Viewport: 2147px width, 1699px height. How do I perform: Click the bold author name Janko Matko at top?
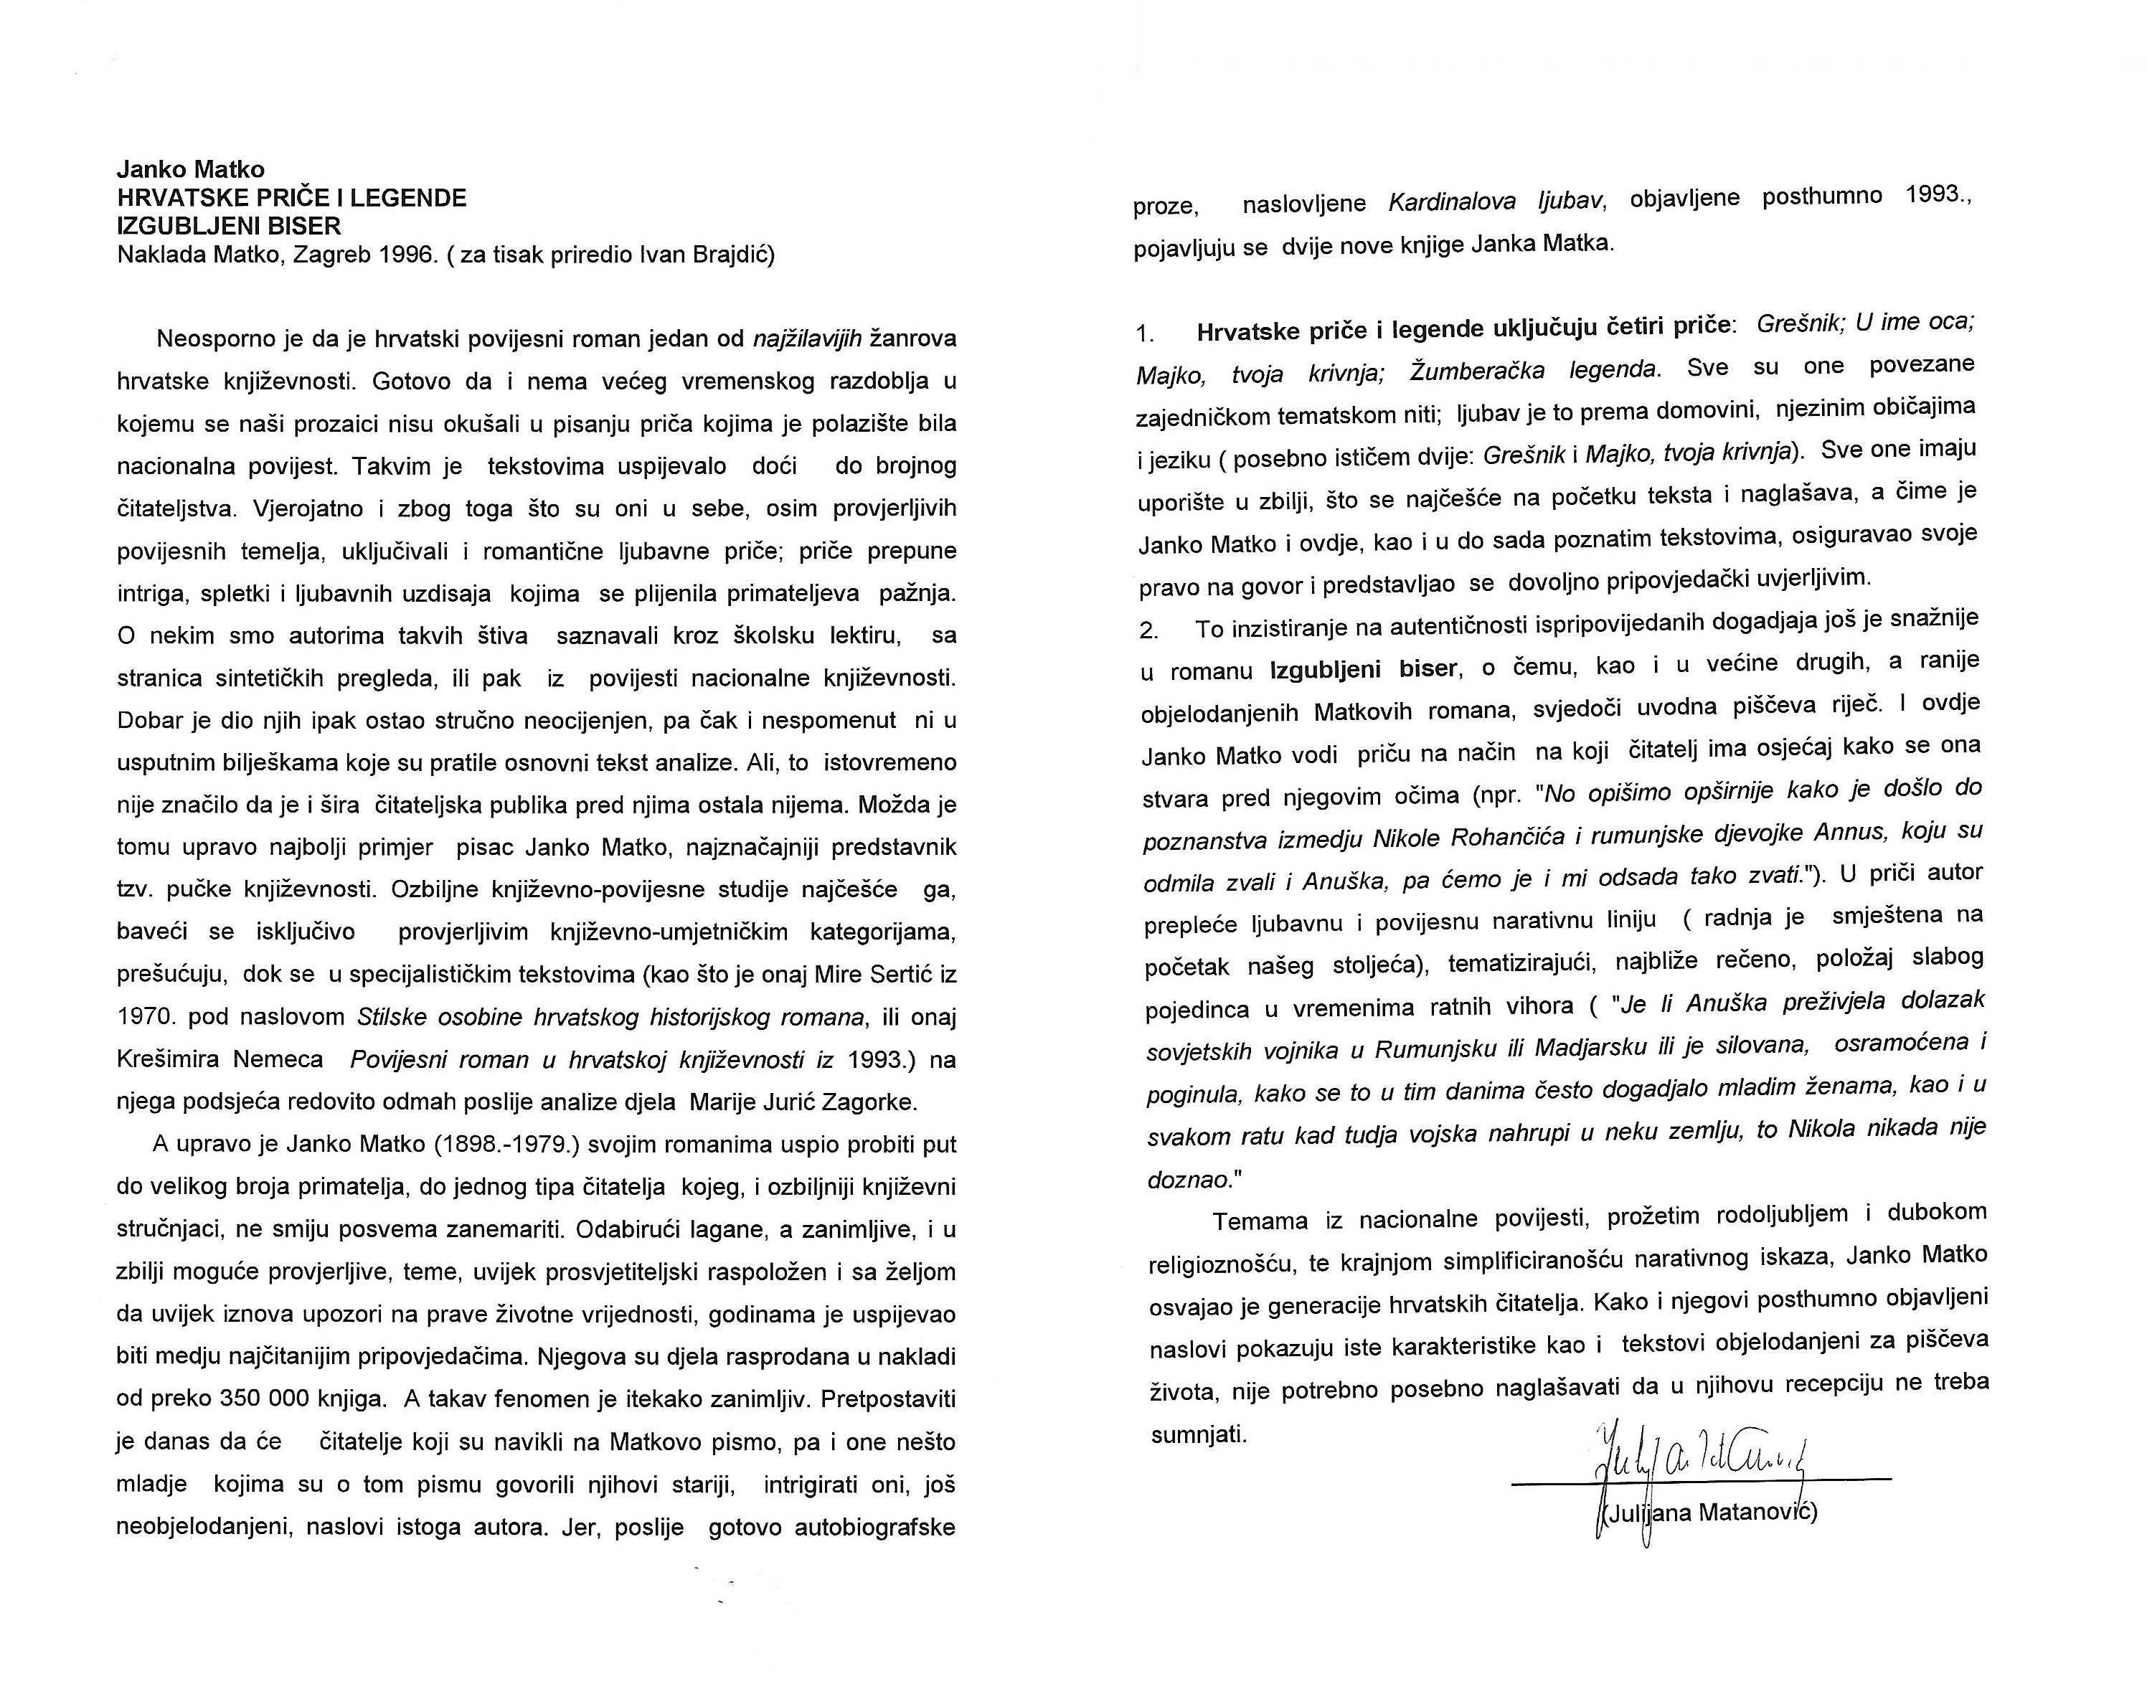click(x=191, y=169)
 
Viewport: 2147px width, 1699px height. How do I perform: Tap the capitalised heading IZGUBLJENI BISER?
click(x=229, y=226)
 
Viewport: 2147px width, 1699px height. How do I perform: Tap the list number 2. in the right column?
click(x=1150, y=630)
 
